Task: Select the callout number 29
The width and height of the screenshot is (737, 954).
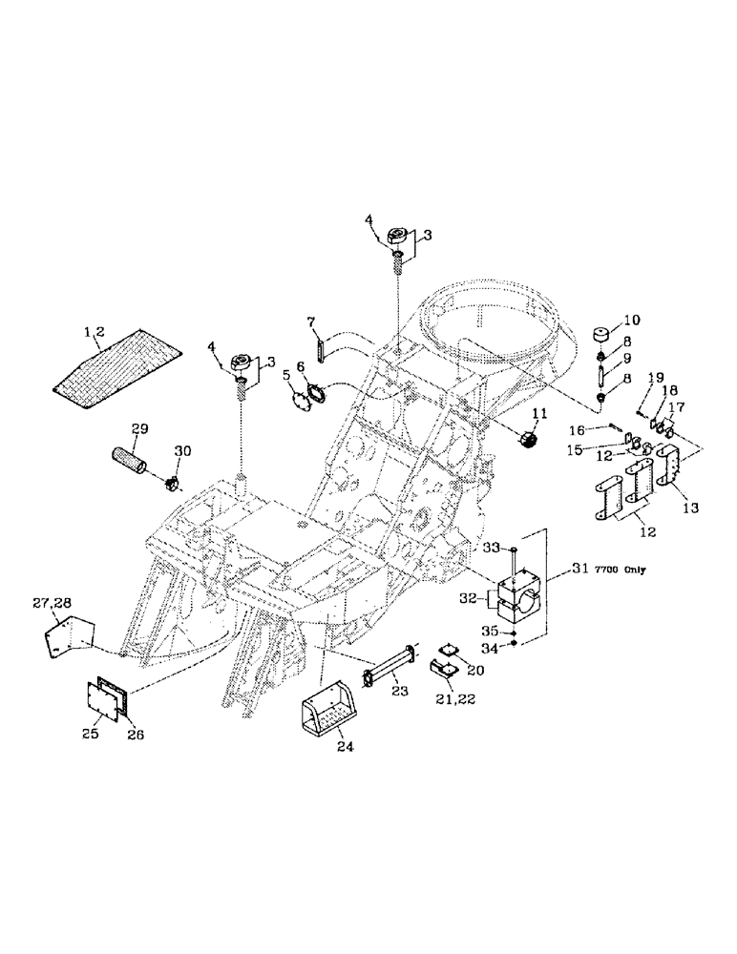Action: click(x=139, y=431)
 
